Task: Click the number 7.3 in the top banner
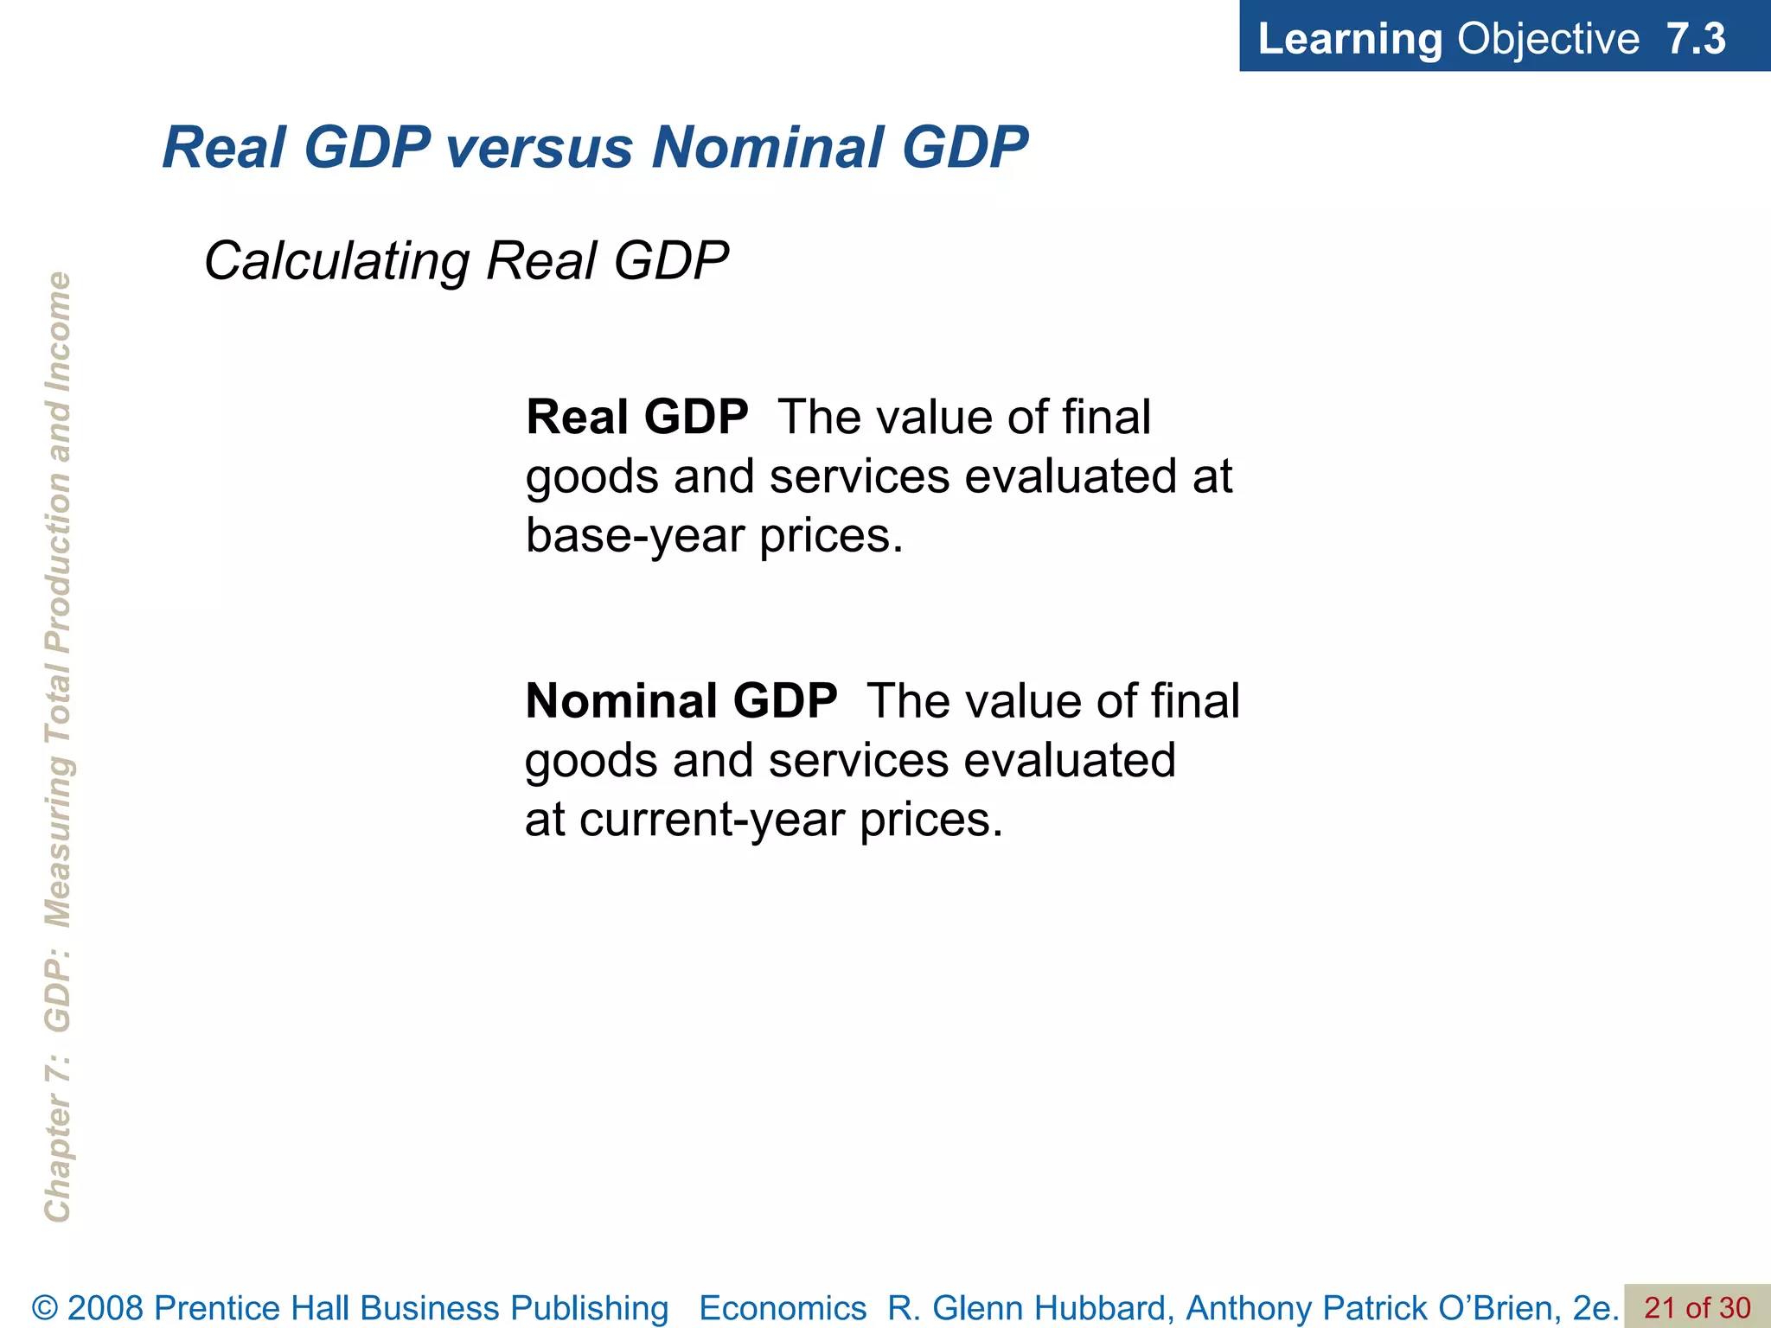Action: point(1696,39)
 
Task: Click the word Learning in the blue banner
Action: point(1350,39)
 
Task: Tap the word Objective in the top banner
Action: point(1548,39)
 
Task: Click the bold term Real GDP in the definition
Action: point(637,418)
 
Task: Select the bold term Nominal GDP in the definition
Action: point(681,701)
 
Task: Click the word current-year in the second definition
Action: point(711,820)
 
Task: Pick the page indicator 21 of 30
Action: point(1697,1308)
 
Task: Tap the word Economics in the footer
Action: point(783,1308)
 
